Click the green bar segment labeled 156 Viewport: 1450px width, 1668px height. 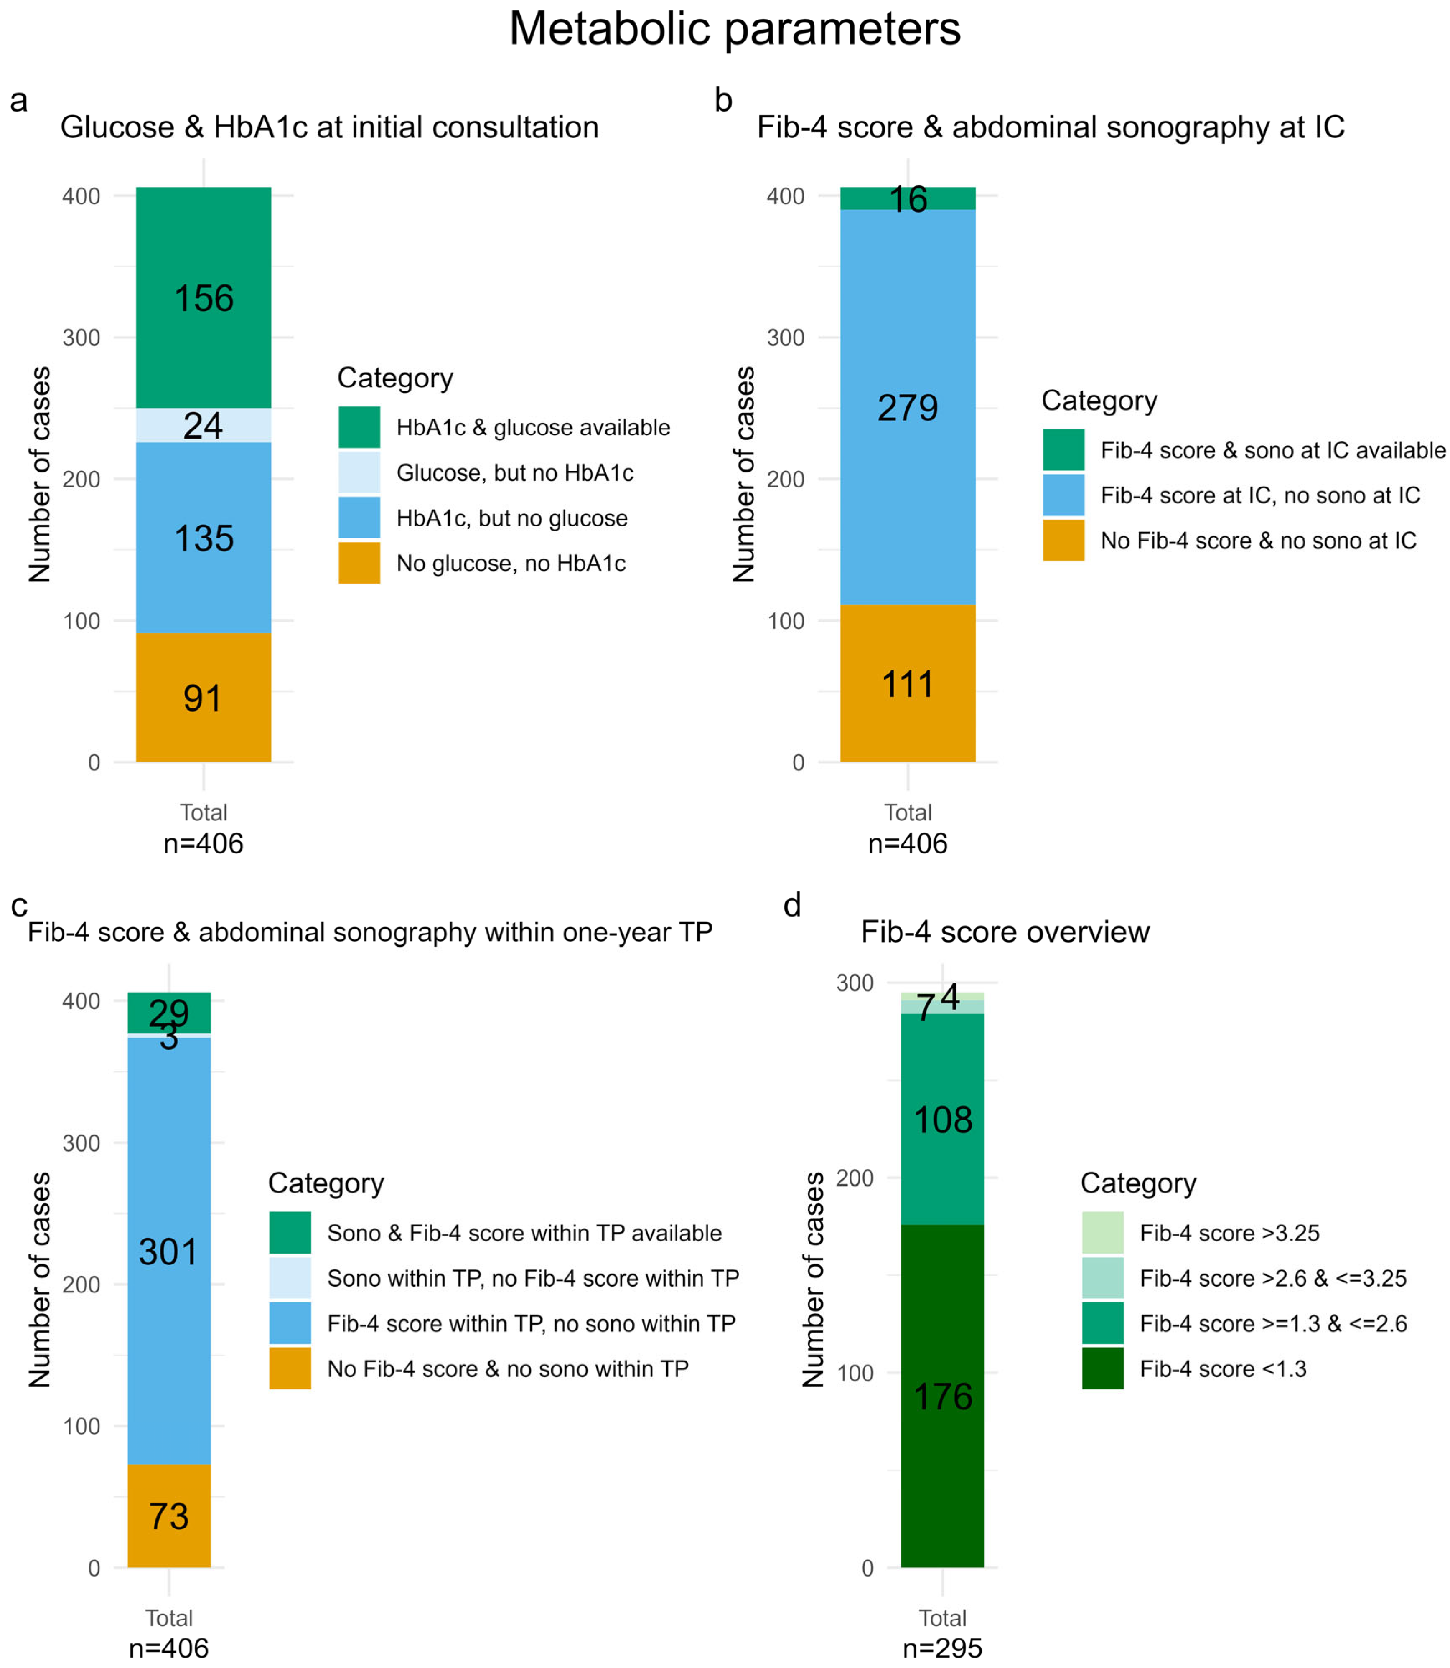click(203, 298)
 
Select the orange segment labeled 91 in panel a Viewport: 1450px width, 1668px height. click(203, 697)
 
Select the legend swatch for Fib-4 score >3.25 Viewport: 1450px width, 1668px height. click(1102, 1233)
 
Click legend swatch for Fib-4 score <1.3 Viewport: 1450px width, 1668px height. click(1102, 1369)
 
